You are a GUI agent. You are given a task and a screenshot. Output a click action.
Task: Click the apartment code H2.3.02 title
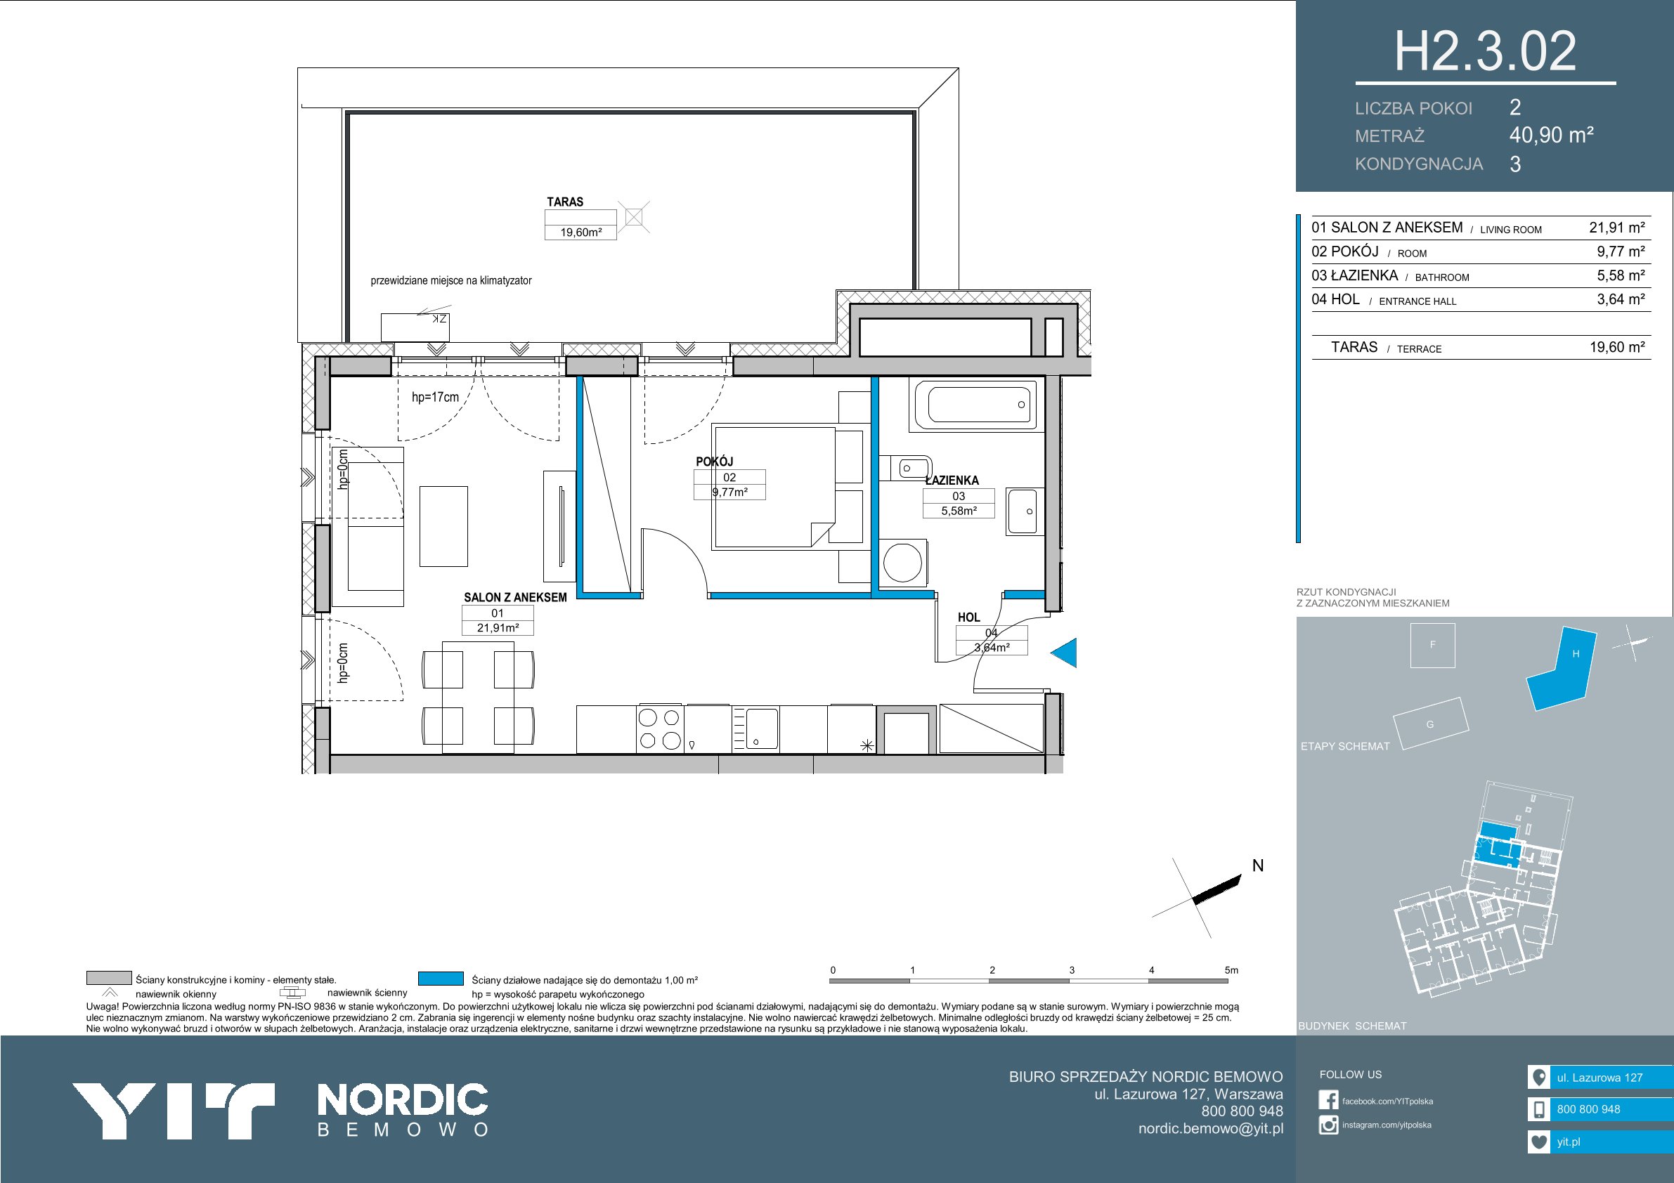pos(1485,51)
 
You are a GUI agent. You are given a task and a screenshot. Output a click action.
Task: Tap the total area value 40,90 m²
pos(1552,135)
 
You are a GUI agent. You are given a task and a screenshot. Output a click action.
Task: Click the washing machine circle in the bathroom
pos(902,563)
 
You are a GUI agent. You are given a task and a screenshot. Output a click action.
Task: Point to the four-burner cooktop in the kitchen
pos(659,729)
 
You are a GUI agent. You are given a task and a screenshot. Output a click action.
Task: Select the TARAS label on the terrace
pos(565,202)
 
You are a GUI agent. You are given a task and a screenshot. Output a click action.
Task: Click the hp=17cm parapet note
pos(435,397)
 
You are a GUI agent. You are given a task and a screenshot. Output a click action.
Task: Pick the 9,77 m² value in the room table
pos(1621,251)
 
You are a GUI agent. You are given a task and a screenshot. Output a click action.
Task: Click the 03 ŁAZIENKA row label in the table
pos(1355,275)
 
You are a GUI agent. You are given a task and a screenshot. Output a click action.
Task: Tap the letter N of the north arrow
pos(1258,866)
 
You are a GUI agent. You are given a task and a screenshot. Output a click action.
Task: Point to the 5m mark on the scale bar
pos(1231,970)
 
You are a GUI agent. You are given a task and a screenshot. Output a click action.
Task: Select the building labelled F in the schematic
pos(1433,646)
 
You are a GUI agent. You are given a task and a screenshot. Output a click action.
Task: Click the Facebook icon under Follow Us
pos(1328,1101)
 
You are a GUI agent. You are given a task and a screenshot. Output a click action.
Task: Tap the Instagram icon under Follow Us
pos(1328,1125)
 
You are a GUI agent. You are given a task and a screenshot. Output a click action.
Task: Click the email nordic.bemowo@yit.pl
pos(1211,1128)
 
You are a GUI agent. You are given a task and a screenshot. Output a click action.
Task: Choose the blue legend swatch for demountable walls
pos(441,979)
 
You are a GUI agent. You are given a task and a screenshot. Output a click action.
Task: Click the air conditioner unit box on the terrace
pos(415,327)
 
